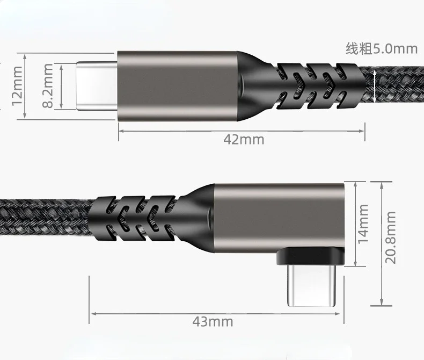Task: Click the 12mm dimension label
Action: click(x=17, y=84)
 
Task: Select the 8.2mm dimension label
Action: click(x=48, y=85)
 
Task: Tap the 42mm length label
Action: click(x=244, y=140)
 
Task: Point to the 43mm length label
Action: click(x=213, y=322)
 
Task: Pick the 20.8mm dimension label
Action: click(x=391, y=237)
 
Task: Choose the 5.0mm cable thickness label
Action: click(x=381, y=49)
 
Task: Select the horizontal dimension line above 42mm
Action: click(x=242, y=129)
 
